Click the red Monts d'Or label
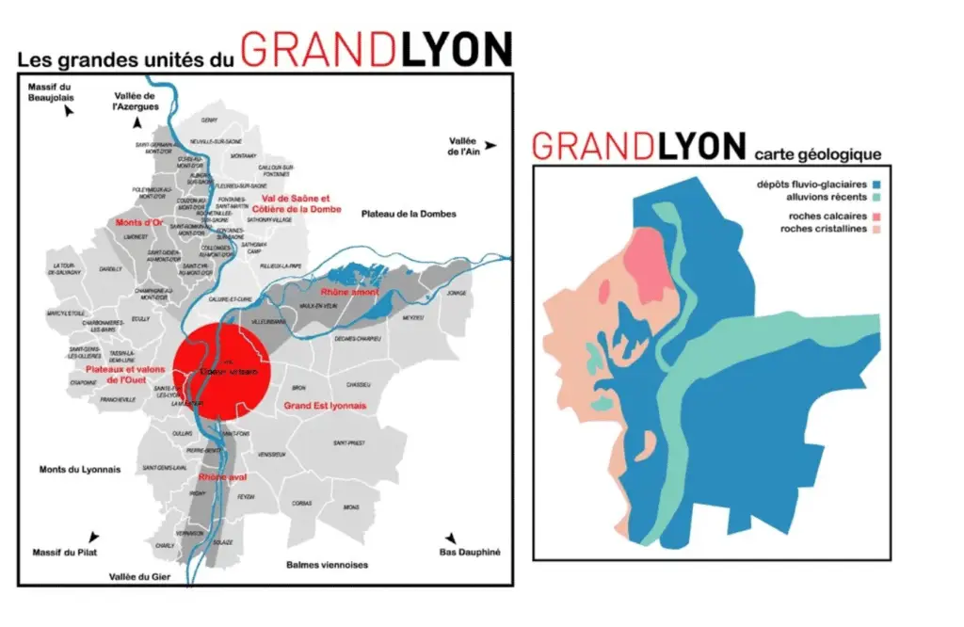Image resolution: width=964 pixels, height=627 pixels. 137,222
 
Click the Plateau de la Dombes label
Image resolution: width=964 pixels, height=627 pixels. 409,214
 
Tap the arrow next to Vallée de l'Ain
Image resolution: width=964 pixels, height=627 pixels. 490,145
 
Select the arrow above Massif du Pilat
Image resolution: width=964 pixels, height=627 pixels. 91,535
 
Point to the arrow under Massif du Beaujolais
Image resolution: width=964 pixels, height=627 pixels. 68,111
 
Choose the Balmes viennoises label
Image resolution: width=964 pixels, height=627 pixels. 327,565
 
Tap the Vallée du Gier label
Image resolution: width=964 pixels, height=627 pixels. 139,575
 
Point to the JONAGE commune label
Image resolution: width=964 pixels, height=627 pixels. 457,293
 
